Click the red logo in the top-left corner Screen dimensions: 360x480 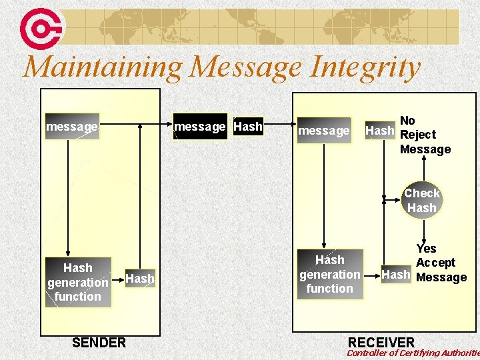click(41, 27)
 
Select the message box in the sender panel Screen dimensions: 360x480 click(71, 126)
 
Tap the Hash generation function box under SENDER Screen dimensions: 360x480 click(77, 282)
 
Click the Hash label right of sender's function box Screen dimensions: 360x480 click(139, 279)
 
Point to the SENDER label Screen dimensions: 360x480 click(99, 343)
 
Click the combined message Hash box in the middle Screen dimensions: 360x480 click(218, 126)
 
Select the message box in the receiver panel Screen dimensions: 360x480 click(323, 131)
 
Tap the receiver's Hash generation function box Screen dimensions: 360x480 click(329, 274)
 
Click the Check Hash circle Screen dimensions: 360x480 click(421, 201)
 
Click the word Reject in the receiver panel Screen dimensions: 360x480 click(418, 135)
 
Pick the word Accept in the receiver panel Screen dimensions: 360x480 click(435, 263)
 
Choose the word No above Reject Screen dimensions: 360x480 click(407, 121)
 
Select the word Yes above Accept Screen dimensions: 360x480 click(426, 249)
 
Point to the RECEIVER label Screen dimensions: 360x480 click(381, 343)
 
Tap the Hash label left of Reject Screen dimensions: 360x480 click(379, 131)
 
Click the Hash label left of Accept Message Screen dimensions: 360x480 click(395, 274)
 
